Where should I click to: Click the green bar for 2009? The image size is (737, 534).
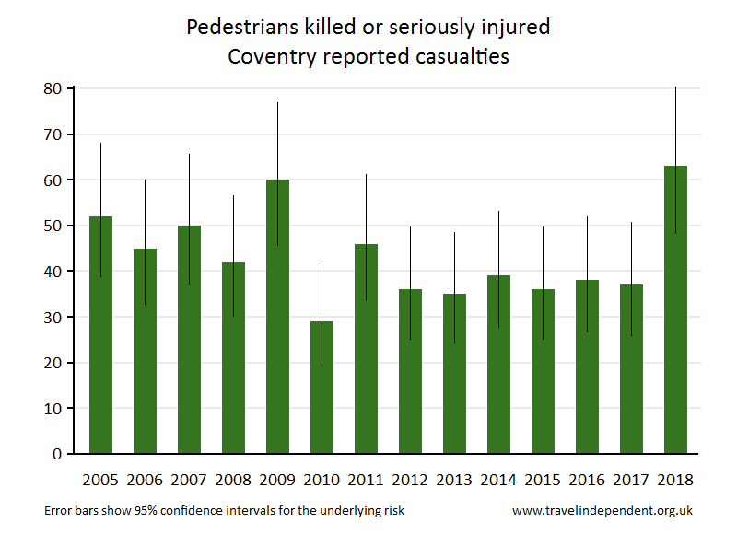click(x=277, y=317)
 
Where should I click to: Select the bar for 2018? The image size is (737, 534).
click(x=675, y=309)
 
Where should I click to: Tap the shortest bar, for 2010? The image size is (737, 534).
click(x=322, y=388)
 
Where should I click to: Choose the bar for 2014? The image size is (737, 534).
click(x=498, y=365)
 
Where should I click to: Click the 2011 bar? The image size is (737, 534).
click(x=366, y=349)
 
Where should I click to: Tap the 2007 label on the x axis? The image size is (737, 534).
click(x=189, y=480)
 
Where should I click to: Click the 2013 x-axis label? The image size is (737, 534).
click(x=454, y=480)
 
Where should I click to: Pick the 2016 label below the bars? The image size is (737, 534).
click(x=587, y=480)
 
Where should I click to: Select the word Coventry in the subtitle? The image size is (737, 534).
click(x=268, y=56)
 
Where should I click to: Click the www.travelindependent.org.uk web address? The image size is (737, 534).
click(x=602, y=510)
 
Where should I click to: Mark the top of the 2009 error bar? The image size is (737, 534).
click(x=277, y=103)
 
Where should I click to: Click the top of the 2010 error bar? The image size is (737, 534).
click(x=322, y=265)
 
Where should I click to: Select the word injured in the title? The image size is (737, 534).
click(x=516, y=28)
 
